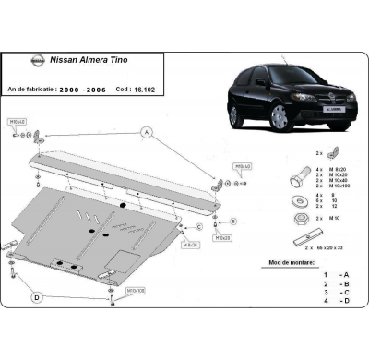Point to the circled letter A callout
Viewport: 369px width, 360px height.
146,133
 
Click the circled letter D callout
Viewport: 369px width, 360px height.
38,297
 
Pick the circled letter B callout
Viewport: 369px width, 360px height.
232,222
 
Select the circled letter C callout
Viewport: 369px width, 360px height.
199,226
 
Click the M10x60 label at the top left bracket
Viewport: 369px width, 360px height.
18,120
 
